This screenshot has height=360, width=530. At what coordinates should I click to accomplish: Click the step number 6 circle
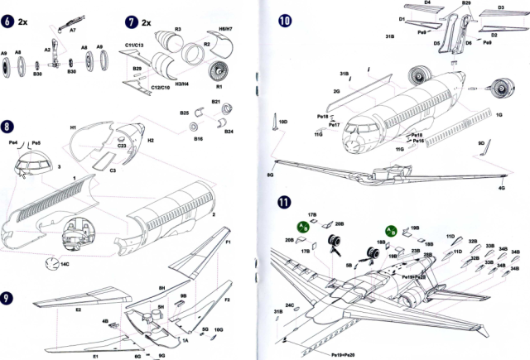click(7, 21)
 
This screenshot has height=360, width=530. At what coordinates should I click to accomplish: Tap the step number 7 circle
click(132, 21)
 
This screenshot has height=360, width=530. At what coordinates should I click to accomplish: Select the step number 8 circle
click(7, 127)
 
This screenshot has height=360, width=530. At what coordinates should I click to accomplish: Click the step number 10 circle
click(285, 21)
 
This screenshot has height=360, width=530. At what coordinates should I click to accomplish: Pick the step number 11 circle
click(285, 200)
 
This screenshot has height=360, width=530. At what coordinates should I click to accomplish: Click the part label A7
click(72, 29)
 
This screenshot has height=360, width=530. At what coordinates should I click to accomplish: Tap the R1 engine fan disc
click(220, 69)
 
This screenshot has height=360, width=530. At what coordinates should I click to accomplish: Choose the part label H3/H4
click(181, 85)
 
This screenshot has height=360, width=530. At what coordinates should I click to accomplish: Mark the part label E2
click(79, 310)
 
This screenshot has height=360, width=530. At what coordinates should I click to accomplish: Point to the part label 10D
click(282, 122)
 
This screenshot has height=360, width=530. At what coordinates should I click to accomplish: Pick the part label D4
click(428, 3)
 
